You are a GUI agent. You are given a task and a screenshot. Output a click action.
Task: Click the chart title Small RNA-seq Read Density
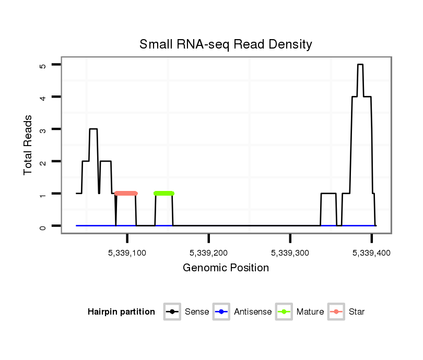coord(226,44)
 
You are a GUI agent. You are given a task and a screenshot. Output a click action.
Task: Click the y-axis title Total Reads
coord(29,145)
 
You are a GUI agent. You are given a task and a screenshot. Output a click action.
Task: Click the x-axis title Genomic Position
coord(226,268)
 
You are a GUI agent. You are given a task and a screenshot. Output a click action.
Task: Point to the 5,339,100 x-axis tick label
coord(127,253)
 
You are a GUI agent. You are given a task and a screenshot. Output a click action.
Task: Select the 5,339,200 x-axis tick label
coord(209,253)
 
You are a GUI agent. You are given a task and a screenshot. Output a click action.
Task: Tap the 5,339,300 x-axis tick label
coord(290,253)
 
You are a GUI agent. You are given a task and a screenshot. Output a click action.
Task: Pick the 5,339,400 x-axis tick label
coord(371,253)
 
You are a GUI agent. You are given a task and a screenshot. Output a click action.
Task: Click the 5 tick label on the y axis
coord(43,65)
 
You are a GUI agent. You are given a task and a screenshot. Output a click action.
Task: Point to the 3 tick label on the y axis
coord(43,129)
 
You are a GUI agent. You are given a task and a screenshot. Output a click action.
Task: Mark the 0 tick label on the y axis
coord(43,226)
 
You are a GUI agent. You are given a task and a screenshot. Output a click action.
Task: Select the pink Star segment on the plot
coord(126,194)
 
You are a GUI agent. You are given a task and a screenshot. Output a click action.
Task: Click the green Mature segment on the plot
coord(164,194)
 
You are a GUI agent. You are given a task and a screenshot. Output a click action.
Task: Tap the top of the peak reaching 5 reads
coord(360,65)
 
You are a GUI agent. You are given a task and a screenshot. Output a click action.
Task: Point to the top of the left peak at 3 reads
coord(93,129)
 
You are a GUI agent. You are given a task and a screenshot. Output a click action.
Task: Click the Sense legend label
coord(197,312)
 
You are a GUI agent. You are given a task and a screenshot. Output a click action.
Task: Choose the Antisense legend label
coord(253,312)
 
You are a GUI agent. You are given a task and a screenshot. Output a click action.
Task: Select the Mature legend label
coord(310,312)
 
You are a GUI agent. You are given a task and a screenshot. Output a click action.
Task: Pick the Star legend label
coord(357,312)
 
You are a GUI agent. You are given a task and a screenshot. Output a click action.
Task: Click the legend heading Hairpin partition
coord(121,312)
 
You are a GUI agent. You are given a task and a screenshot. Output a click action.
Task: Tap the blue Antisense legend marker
coord(221,312)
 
